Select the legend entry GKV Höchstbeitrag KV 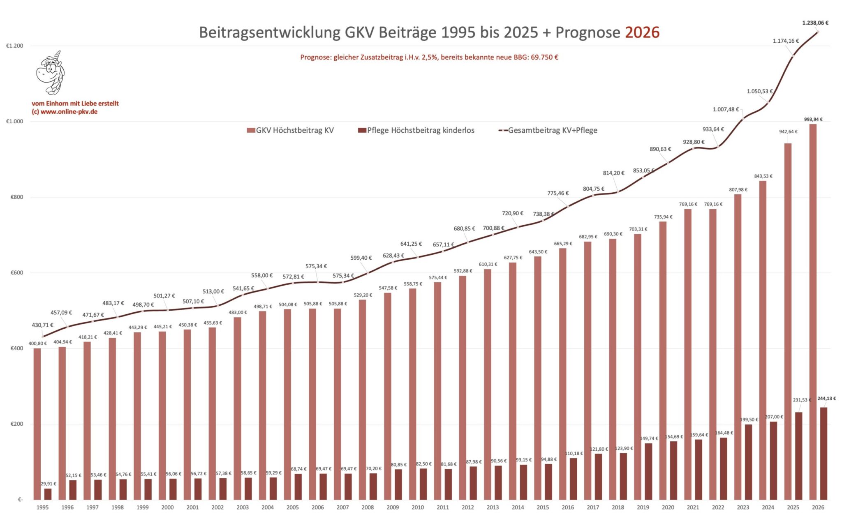(290, 130)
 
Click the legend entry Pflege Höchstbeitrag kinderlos (416, 130)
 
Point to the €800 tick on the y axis (16, 197)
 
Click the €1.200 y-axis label (15, 46)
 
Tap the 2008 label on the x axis (368, 507)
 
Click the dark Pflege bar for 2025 (798, 456)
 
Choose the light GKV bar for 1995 (37, 424)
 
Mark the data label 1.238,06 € (815, 23)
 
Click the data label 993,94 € (813, 120)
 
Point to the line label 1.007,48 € (726, 109)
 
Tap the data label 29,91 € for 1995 (48, 484)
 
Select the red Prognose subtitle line (429, 57)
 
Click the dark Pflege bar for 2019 (648, 471)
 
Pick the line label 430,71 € (42, 325)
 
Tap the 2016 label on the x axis (568, 507)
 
